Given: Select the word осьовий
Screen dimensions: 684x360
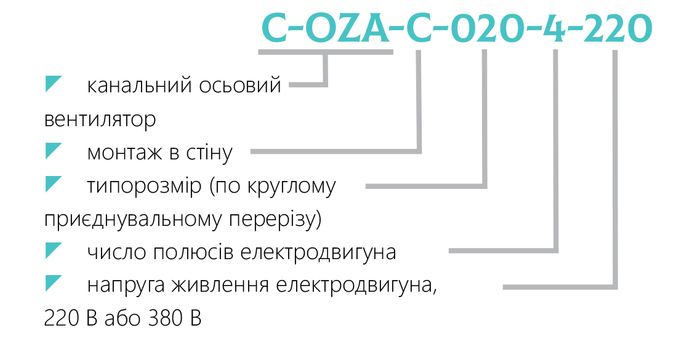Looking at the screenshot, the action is pos(240,85).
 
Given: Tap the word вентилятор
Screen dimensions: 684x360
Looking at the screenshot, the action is pos(100,119).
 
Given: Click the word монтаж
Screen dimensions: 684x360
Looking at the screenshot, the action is pos(124,153).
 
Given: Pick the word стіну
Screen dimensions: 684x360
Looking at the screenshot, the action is pos(209,153).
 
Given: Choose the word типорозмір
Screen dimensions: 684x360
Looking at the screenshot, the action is pos(145,186).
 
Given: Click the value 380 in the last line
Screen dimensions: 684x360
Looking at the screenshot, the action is pos(166,319).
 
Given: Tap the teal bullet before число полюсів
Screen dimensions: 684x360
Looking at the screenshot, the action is pos(54,250).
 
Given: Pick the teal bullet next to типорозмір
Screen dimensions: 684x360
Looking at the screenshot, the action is pos(54,184).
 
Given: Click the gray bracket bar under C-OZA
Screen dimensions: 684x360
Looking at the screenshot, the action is pos(326,52).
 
